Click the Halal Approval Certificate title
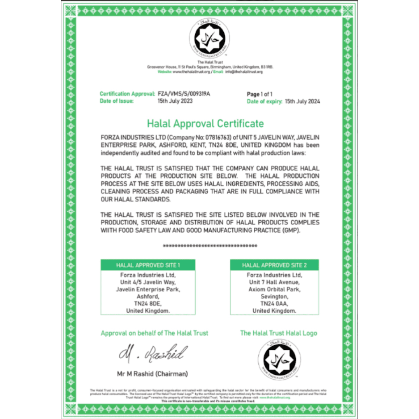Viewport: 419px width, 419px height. [205, 124]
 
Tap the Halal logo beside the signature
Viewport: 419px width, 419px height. [279, 357]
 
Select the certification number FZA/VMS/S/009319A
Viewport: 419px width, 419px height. [184, 94]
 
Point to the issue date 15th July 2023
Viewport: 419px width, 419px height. [175, 101]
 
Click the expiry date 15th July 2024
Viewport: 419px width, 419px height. [302, 101]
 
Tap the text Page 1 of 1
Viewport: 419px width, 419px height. [260, 94]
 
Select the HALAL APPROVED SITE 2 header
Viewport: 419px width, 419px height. [274, 265]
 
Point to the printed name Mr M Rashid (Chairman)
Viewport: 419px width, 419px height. [152, 373]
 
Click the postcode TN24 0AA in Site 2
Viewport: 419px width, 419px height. [274, 303]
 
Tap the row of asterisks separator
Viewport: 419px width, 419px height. [209, 246]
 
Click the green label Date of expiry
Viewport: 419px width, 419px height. [264, 101]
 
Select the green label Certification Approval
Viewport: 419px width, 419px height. [127, 94]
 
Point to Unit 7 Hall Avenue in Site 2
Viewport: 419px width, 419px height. [274, 282]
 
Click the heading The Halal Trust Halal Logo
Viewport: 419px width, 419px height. [278, 333]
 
